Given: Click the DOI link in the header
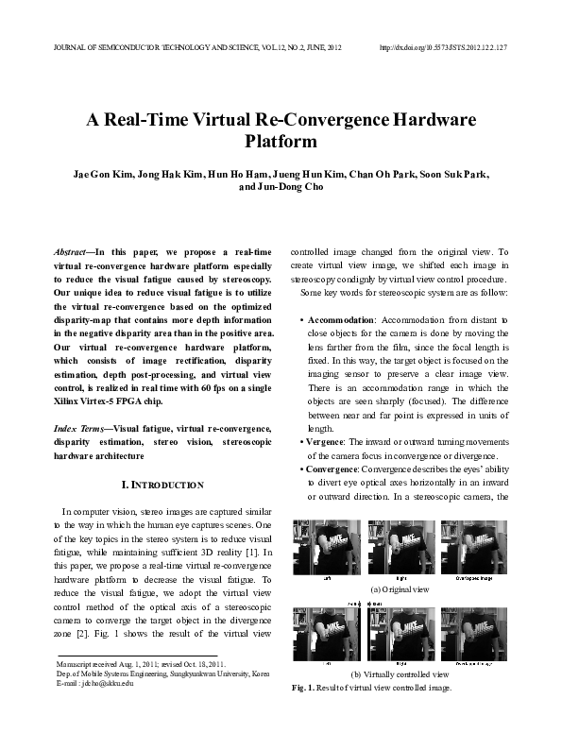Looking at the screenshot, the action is [443, 47].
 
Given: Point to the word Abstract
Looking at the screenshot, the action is [72, 253].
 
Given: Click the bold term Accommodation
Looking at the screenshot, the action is [343, 320].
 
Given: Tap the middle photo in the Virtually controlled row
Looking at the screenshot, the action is [398, 632].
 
